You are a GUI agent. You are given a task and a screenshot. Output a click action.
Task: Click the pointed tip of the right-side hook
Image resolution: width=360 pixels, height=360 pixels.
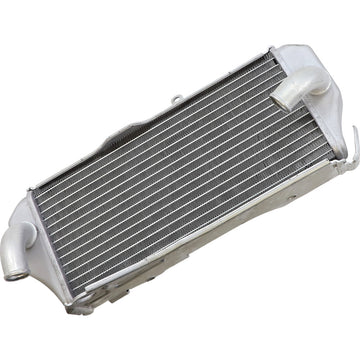[354, 128]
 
